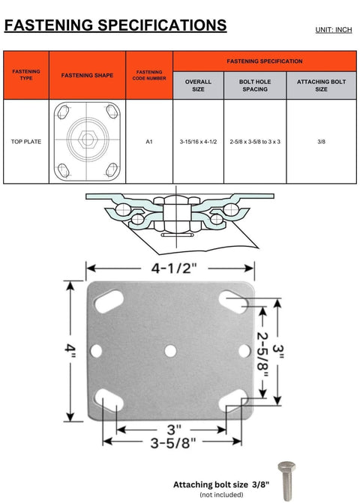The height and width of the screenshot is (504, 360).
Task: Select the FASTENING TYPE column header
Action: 26,75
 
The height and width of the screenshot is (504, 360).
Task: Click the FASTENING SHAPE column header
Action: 86,75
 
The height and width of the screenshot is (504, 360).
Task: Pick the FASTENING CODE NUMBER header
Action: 149,75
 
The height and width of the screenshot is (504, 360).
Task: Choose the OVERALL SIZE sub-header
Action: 198,85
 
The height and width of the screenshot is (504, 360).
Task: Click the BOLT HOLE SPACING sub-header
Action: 255,85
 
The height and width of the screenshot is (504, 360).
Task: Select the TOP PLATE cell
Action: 26,141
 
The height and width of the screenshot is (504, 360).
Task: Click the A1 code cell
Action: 149,141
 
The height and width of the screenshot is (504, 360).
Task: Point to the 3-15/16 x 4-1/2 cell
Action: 198,141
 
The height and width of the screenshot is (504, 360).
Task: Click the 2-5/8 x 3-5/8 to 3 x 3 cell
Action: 255,141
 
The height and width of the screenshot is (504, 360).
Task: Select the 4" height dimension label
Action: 70,350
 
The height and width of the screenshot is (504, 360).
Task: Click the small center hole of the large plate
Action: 171,349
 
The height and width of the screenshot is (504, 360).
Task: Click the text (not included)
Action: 220,496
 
